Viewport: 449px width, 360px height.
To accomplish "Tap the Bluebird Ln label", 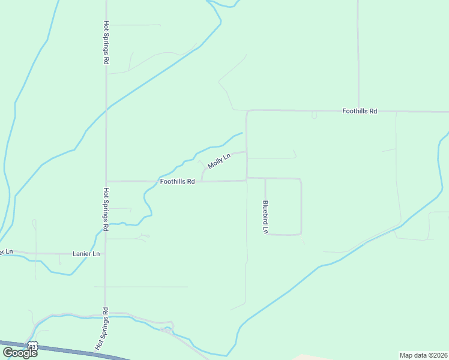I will click(x=265, y=217).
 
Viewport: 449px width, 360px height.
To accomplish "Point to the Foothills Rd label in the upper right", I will click(x=360, y=111).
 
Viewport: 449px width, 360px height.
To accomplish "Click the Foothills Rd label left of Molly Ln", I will click(x=177, y=181).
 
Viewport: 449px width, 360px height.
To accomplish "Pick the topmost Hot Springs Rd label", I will click(x=106, y=43).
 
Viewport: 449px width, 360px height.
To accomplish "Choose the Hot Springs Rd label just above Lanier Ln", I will click(x=106, y=209).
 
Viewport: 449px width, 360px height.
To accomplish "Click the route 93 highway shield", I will click(x=33, y=345).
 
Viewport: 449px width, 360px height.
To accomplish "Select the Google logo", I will click(x=19, y=352).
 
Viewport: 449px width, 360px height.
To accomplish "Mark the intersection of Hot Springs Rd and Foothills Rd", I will click(x=106, y=181).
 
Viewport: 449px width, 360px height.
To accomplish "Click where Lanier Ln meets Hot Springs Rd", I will click(x=106, y=254).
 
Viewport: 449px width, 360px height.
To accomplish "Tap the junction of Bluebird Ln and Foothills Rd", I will click(x=265, y=178).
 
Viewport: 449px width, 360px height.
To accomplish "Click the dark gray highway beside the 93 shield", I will click(x=72, y=350).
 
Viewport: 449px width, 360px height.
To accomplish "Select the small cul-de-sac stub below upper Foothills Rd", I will click(x=314, y=116).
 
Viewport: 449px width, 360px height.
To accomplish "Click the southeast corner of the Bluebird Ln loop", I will click(x=301, y=234).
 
